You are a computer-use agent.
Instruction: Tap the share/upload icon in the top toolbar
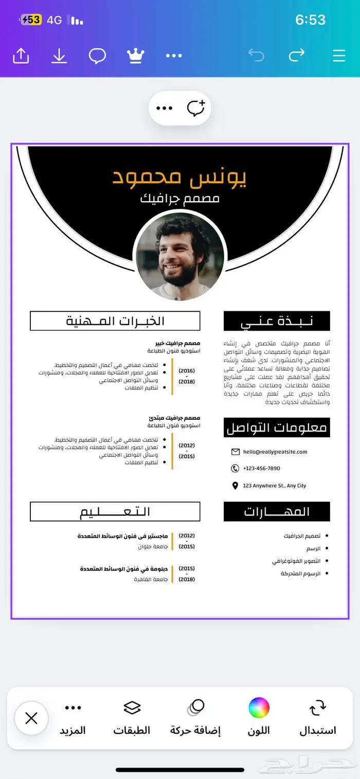click(x=21, y=56)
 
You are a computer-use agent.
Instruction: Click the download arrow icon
click(x=59, y=56)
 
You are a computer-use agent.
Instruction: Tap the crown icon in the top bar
click(x=135, y=56)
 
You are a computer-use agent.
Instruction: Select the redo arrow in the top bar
click(x=297, y=55)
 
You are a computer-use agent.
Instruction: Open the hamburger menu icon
click(x=339, y=56)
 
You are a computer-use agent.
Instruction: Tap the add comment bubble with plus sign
click(x=196, y=108)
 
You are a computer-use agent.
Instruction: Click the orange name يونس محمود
click(x=179, y=176)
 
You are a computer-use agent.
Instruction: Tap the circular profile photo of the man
click(x=180, y=256)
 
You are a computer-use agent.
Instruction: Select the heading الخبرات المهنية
click(x=115, y=321)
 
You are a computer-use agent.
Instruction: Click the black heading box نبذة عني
click(x=277, y=321)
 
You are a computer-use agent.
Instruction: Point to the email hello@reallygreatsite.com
click(x=275, y=452)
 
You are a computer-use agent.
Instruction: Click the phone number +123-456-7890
click(x=261, y=468)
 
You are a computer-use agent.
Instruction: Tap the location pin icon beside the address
click(x=235, y=486)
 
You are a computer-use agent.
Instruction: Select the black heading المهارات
click(x=277, y=511)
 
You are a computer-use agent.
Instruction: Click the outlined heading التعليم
click(x=115, y=511)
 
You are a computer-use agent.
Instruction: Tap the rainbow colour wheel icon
click(x=259, y=708)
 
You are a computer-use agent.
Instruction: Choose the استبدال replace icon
click(x=317, y=708)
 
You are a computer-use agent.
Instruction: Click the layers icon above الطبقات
click(x=132, y=708)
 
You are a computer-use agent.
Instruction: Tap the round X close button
click(x=31, y=718)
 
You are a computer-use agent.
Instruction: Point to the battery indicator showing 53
click(x=31, y=20)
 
